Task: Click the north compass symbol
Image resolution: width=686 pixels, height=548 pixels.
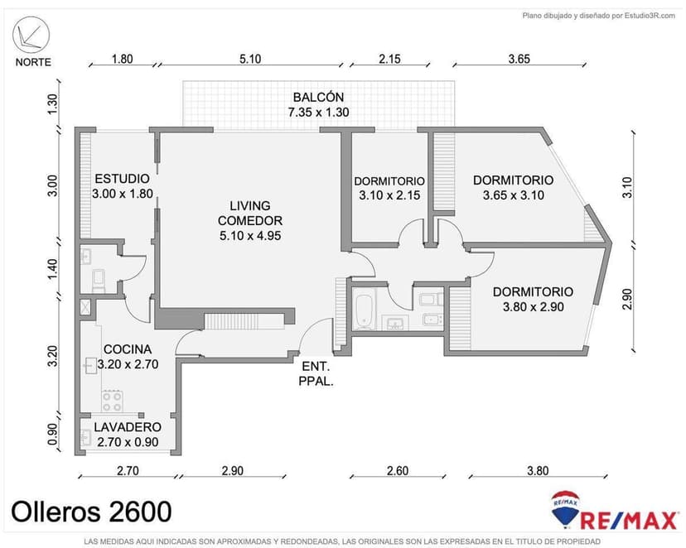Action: tap(31, 35)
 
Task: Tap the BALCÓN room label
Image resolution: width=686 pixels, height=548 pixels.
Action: tap(318, 97)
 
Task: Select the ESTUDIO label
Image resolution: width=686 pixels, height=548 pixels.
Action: tap(122, 178)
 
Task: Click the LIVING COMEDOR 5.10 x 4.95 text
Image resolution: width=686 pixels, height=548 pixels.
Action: tap(250, 221)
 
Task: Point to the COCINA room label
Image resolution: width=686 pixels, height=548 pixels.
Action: tap(128, 349)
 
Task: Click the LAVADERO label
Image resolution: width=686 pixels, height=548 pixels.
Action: tap(128, 427)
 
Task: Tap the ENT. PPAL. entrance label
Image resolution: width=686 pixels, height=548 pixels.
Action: tap(316, 373)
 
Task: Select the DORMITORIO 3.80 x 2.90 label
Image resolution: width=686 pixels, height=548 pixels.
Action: tap(533, 300)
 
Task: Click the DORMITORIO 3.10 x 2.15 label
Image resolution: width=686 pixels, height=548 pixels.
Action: tap(389, 189)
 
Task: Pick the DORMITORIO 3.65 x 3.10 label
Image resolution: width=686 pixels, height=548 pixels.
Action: tap(513, 187)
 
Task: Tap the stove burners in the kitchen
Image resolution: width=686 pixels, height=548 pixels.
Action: tap(112, 401)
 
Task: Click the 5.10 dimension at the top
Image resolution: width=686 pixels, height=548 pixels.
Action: tap(250, 59)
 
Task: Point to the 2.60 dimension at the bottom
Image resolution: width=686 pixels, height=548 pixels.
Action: tap(398, 471)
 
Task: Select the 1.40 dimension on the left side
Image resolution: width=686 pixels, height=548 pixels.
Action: tap(52, 270)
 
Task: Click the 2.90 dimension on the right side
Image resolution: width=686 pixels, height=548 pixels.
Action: tap(627, 299)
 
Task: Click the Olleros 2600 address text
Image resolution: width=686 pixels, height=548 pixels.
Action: tap(91, 512)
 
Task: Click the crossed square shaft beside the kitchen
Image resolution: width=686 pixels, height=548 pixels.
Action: tap(86, 307)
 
